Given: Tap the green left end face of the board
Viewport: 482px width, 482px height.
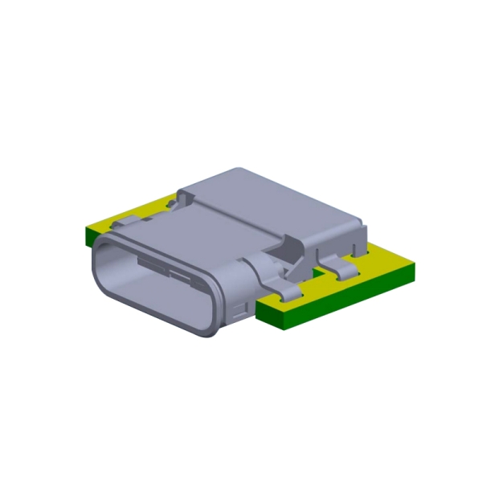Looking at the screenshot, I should (89, 235).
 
